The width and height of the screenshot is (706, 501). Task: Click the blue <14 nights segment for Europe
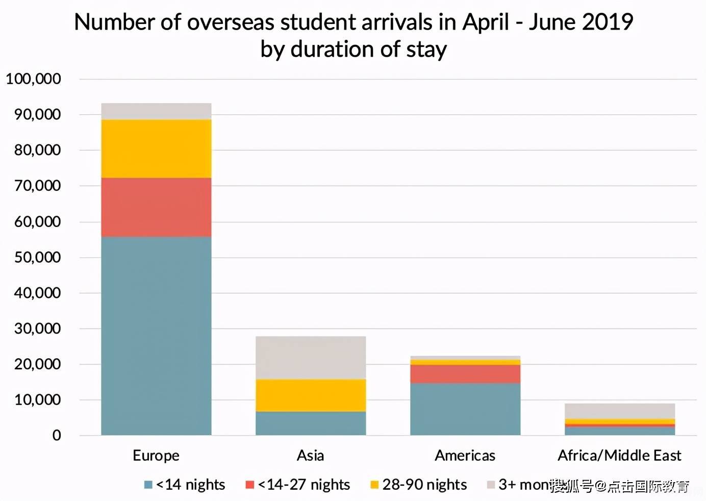(x=156, y=336)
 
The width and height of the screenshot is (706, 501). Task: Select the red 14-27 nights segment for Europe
(x=156, y=207)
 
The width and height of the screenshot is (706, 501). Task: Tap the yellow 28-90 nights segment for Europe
(x=156, y=148)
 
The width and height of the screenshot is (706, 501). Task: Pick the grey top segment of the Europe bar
(x=156, y=111)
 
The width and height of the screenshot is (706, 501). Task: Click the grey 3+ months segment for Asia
(x=310, y=357)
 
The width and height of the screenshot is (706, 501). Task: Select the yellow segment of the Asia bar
(x=310, y=395)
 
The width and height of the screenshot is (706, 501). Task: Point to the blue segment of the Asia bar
(x=310, y=423)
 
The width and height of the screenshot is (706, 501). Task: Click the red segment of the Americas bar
(x=465, y=374)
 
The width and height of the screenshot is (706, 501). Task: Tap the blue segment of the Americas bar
(x=465, y=409)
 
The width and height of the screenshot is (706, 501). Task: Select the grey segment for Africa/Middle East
(x=619, y=411)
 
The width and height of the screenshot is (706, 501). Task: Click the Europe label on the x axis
(x=156, y=455)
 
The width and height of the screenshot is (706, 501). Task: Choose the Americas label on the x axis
(x=465, y=455)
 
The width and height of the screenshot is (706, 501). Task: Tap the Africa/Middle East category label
(x=619, y=455)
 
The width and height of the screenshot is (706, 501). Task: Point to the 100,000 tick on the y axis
(x=33, y=79)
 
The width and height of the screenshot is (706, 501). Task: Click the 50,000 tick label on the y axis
(x=37, y=257)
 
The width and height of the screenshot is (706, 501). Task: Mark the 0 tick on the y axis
(x=56, y=435)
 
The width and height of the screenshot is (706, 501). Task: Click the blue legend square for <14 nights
(x=148, y=485)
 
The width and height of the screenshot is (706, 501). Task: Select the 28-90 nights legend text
(x=424, y=485)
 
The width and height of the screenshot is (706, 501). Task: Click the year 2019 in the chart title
(x=607, y=22)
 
